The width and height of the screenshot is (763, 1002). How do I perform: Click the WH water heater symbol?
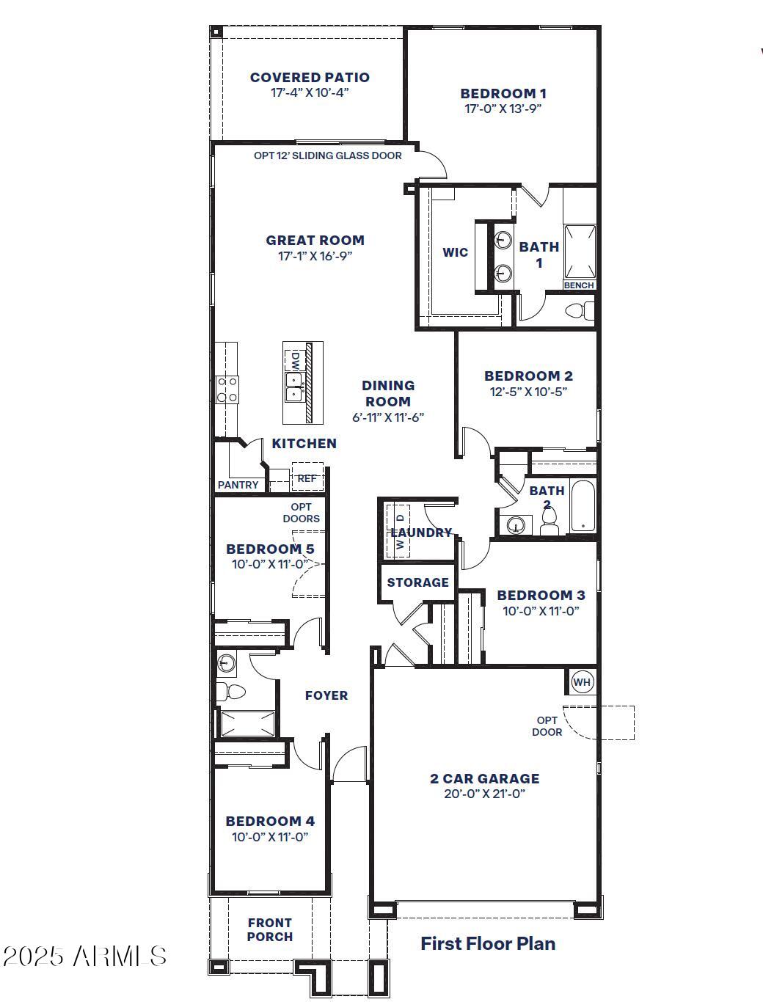point(582,682)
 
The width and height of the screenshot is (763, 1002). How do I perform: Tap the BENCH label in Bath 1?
point(579,285)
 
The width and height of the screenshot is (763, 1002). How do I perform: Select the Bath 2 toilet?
point(550,522)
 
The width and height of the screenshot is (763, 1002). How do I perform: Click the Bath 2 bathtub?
point(583,507)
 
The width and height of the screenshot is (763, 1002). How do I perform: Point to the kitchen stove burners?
point(227,389)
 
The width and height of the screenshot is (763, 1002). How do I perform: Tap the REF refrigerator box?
point(307,478)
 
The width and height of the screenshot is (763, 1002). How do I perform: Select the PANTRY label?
point(238,485)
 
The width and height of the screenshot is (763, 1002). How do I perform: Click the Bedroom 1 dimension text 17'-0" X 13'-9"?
point(503,109)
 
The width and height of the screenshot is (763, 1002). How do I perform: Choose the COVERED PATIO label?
point(310,77)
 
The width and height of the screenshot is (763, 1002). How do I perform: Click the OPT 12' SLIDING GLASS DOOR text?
point(328,156)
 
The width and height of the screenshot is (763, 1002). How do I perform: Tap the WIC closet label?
point(455,252)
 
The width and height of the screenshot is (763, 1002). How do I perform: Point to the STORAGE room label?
point(417,582)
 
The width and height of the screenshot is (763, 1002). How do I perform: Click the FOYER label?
point(326,695)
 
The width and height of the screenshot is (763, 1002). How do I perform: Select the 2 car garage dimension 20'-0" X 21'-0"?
point(484,794)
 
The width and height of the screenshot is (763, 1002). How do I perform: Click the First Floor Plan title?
point(487,944)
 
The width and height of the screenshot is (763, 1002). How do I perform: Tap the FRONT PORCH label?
point(269,929)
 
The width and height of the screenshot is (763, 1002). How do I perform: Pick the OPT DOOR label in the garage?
point(547,726)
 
